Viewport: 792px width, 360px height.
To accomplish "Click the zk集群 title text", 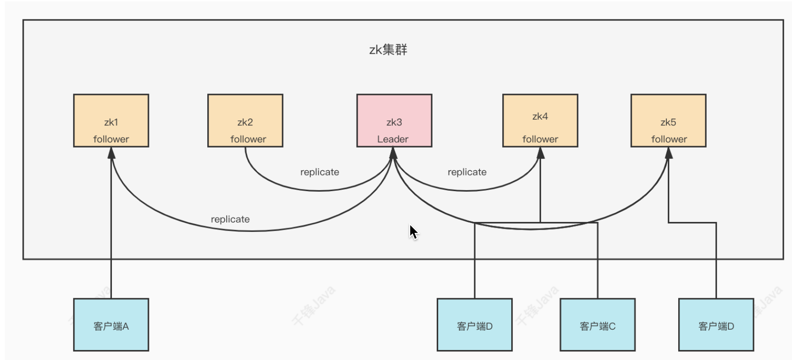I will pos(388,50).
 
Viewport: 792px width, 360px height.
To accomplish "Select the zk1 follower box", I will pos(111,120).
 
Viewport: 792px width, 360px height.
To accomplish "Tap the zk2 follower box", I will pos(245,120).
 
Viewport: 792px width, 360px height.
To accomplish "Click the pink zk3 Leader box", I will pos(394,120).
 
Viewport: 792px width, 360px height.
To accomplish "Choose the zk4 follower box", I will pos(540,120).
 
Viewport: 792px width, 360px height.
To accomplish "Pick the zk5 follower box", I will pos(668,120).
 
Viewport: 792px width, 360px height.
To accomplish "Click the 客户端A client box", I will pos(111,325).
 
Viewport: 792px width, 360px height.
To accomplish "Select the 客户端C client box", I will pos(598,325).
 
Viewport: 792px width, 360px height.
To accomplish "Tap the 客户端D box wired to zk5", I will pos(716,325).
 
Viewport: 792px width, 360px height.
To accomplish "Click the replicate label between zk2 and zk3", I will pos(320,172).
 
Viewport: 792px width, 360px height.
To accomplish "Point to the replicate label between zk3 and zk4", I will pos(467,172).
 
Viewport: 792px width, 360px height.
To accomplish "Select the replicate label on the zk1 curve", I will pos(230,219).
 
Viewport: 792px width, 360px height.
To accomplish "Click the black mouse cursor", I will pos(413,232).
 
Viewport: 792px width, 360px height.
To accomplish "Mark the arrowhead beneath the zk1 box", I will pos(111,153).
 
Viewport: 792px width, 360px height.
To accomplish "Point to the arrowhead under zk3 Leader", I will pos(393,153).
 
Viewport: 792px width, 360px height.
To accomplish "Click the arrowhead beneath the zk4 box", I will pos(540,153).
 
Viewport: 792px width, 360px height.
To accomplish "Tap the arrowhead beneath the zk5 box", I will pos(669,153).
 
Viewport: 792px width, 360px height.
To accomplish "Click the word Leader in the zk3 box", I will pos(393,139).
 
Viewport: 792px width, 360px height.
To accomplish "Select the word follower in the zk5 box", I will pos(669,139).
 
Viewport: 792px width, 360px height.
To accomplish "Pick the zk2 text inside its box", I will pos(245,122).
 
